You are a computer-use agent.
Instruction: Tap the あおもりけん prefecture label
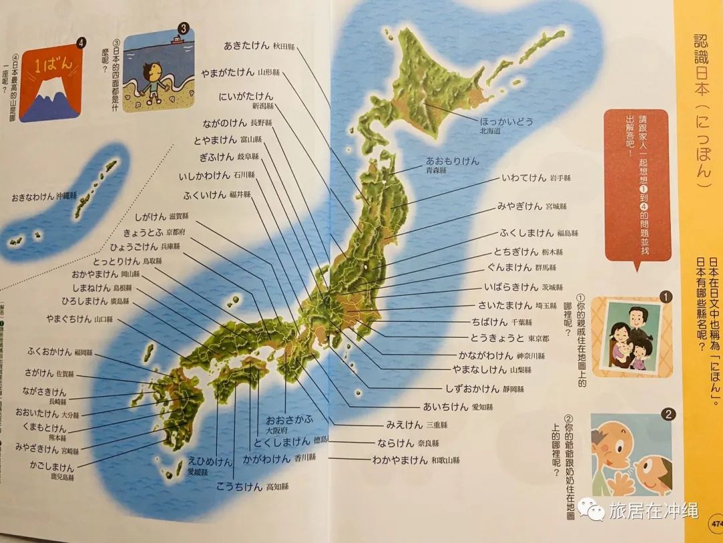453,162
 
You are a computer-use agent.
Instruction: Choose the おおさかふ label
289,419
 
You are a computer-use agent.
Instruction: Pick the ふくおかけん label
50,351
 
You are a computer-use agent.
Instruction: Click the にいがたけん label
246,96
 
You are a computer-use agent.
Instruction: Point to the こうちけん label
239,487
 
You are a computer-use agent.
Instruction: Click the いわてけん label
524,178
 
